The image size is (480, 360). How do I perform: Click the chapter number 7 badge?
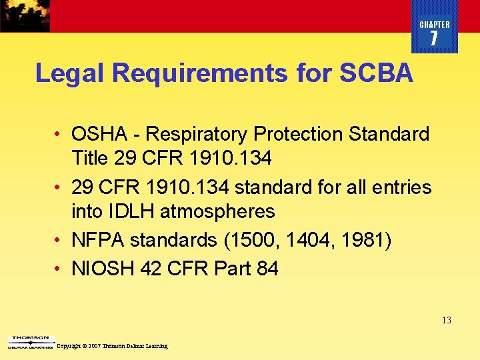tap(434, 39)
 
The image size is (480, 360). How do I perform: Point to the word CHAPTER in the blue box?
tap(435, 25)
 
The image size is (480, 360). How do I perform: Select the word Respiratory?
tap(197, 134)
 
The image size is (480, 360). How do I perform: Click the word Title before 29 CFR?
tap(89, 158)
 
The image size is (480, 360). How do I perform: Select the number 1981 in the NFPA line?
tap(364, 240)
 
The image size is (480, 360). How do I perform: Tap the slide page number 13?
tap(446, 321)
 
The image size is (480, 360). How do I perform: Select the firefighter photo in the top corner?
tap(25, 15)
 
